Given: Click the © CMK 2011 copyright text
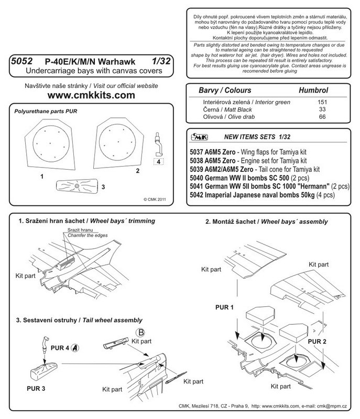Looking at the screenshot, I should [155, 199].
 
